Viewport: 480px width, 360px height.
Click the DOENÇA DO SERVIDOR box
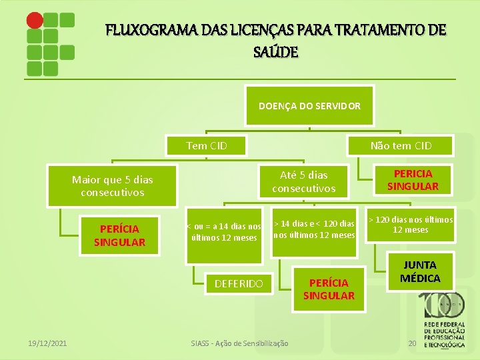(310, 106)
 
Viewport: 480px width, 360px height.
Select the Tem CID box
(207, 145)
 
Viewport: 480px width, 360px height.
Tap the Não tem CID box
(401, 145)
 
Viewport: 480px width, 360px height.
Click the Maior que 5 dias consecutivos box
(112, 186)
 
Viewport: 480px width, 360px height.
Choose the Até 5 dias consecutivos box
(303, 181)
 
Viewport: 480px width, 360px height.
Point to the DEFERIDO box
(238, 284)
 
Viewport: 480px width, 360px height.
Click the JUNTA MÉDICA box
(420, 271)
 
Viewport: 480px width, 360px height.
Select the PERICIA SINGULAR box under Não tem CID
(413, 180)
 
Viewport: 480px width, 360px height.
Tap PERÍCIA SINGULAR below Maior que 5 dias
(119, 235)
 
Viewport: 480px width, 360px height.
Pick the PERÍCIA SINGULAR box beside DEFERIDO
(329, 289)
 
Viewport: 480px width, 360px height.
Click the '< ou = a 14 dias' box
(224, 232)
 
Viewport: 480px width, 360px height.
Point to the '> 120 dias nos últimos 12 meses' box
(411, 225)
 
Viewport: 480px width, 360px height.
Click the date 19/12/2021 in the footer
(47, 343)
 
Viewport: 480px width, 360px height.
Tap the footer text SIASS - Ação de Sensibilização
(239, 343)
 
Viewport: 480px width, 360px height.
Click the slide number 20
(412, 343)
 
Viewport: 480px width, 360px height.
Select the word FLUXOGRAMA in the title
(147, 31)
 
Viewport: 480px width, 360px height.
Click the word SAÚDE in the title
(277, 51)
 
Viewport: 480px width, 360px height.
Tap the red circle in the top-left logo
(35, 20)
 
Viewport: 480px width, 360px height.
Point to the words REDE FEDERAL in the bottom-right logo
(444, 327)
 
